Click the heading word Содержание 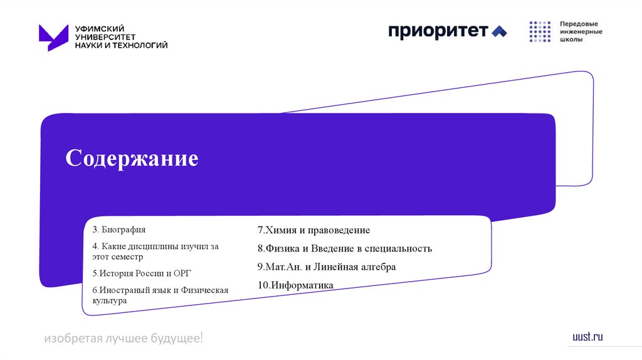[132, 158]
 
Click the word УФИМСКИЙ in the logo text [100, 28]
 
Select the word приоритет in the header [438, 31]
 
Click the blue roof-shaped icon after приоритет [499, 31]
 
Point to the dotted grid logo [539, 31]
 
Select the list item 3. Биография [119, 230]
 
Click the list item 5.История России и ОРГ [141, 273]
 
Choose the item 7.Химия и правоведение [313, 230]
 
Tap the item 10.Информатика [295, 285]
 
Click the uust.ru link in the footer [587, 337]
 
